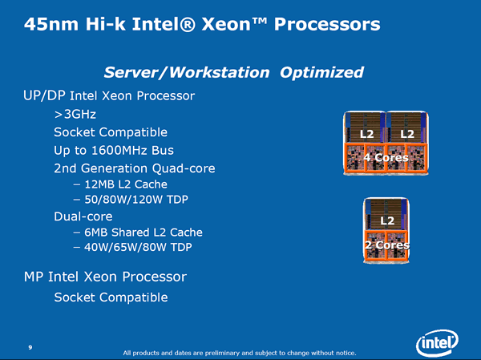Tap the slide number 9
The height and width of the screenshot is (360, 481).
30,347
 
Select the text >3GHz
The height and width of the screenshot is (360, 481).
75,114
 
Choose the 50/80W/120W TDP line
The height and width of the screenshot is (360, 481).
131,200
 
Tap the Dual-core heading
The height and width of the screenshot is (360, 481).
83,216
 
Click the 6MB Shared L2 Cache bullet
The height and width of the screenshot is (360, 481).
138,233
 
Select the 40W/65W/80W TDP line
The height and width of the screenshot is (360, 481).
133,247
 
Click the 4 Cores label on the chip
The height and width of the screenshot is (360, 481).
386,157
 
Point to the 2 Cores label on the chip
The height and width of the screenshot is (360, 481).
387,245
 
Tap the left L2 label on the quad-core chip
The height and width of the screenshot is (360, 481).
366,134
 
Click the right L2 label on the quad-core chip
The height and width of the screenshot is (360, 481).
407,134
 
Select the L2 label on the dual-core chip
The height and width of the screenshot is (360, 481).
387,220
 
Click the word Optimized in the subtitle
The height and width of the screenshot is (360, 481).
321,72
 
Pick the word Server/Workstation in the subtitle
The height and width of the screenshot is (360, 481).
187,72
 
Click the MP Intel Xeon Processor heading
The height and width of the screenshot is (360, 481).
105,277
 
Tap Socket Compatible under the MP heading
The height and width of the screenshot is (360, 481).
111,297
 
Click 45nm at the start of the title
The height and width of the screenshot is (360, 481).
51,24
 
